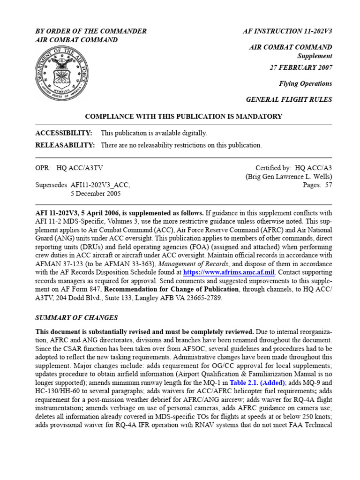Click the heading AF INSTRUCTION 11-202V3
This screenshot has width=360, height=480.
tap(287, 31)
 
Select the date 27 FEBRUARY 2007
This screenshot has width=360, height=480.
tap(300, 67)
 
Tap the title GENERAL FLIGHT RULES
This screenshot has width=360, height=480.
tap(289, 99)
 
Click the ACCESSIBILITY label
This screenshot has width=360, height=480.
tap(64, 133)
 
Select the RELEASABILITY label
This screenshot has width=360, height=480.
tap(65, 145)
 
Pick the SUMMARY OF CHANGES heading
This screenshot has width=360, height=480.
tap(77, 317)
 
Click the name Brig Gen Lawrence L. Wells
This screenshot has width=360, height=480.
tap(289, 177)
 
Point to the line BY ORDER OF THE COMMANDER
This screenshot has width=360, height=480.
tap(91, 31)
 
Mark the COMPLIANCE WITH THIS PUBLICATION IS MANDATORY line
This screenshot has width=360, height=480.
tap(183, 116)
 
